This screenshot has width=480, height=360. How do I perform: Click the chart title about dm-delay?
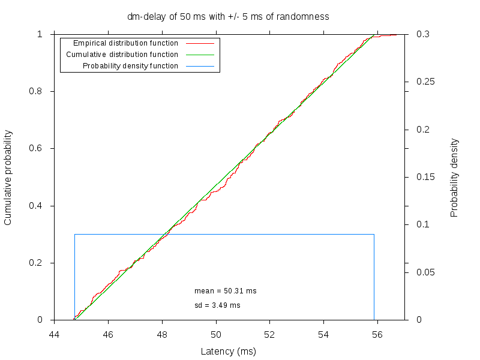click(x=228, y=17)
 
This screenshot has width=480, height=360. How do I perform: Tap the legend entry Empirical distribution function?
click(x=125, y=43)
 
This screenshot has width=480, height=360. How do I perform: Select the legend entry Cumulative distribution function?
click(x=122, y=55)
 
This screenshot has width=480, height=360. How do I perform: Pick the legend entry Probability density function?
click(x=130, y=66)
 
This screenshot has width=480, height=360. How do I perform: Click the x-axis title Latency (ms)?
click(x=228, y=352)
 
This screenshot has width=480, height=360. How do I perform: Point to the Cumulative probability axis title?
click(x=8, y=177)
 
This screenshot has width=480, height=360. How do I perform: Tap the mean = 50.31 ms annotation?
click(x=225, y=291)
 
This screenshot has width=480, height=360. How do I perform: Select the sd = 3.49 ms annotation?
click(x=217, y=305)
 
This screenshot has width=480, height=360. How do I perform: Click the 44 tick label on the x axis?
click(x=55, y=335)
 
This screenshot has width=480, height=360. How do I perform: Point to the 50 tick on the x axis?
click(x=216, y=335)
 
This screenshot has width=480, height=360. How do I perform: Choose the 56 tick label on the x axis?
click(x=377, y=335)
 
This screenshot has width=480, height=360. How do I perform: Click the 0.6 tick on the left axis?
click(x=36, y=149)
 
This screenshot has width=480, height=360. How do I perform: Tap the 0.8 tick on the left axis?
click(x=36, y=92)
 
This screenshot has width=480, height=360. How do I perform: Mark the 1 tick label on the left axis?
click(x=40, y=34)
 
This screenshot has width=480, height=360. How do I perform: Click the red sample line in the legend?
click(x=200, y=44)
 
